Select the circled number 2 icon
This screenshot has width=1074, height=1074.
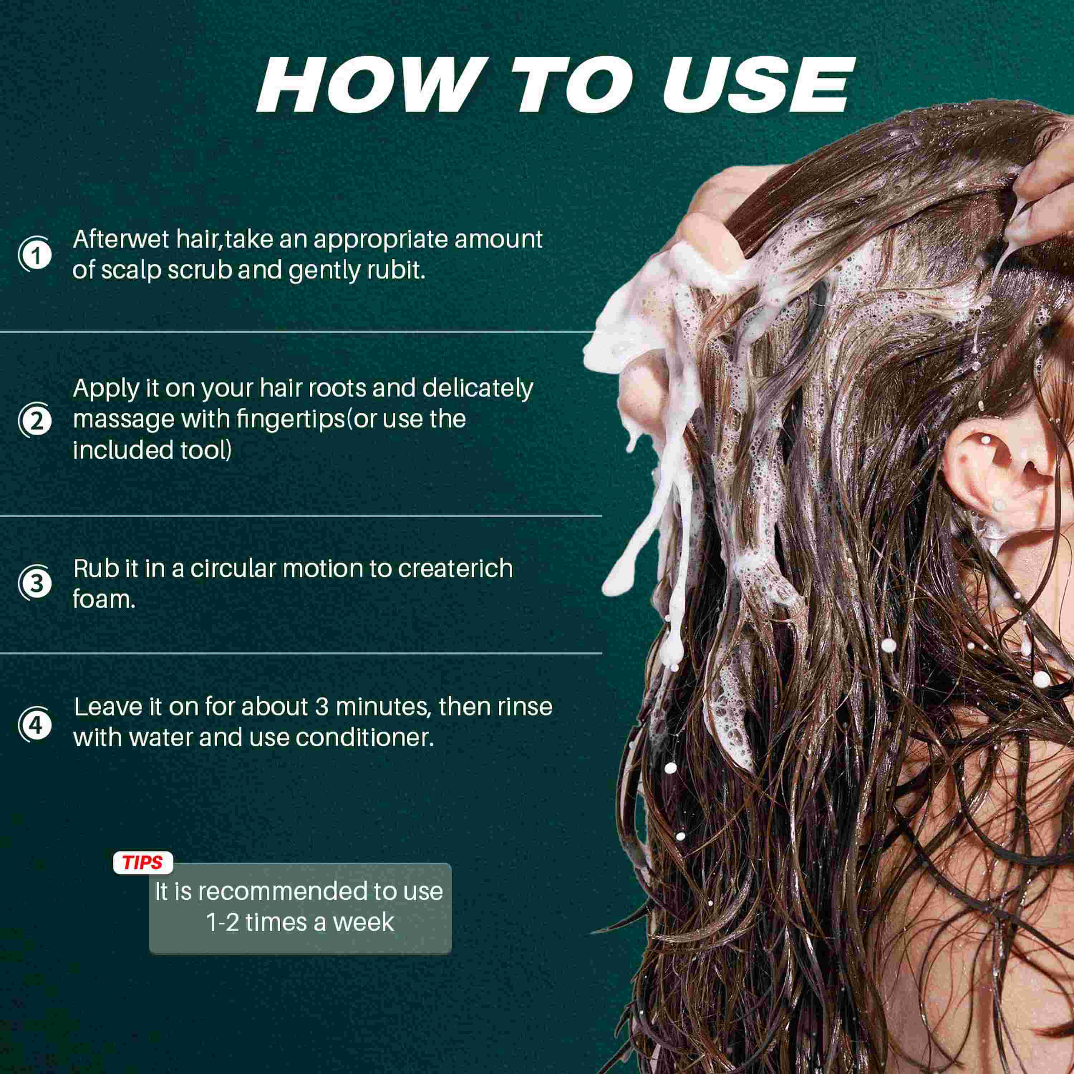35,420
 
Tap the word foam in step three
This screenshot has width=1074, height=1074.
104,599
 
